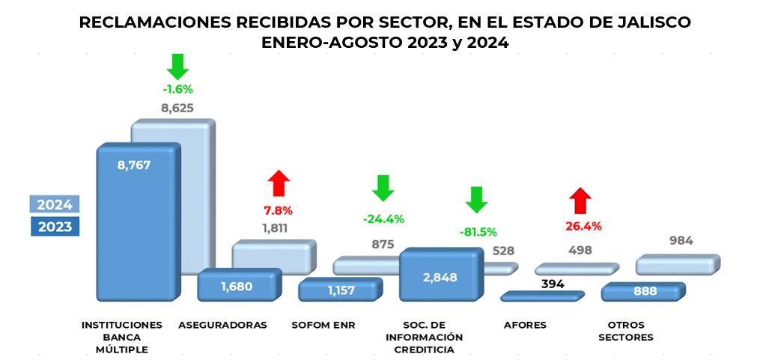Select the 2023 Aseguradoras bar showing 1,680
point(238,285)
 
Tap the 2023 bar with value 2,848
point(438,275)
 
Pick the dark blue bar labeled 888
point(642,292)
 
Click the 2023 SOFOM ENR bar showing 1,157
point(339,290)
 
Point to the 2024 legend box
point(55,205)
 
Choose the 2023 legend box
point(55,226)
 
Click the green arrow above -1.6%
point(177,66)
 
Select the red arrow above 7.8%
point(279,183)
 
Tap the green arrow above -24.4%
point(383,188)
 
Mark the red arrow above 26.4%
point(580,201)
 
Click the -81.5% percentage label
point(478,231)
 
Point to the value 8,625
point(177,108)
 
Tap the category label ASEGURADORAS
point(223,325)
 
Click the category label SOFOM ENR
point(323,325)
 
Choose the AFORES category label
point(525,325)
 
